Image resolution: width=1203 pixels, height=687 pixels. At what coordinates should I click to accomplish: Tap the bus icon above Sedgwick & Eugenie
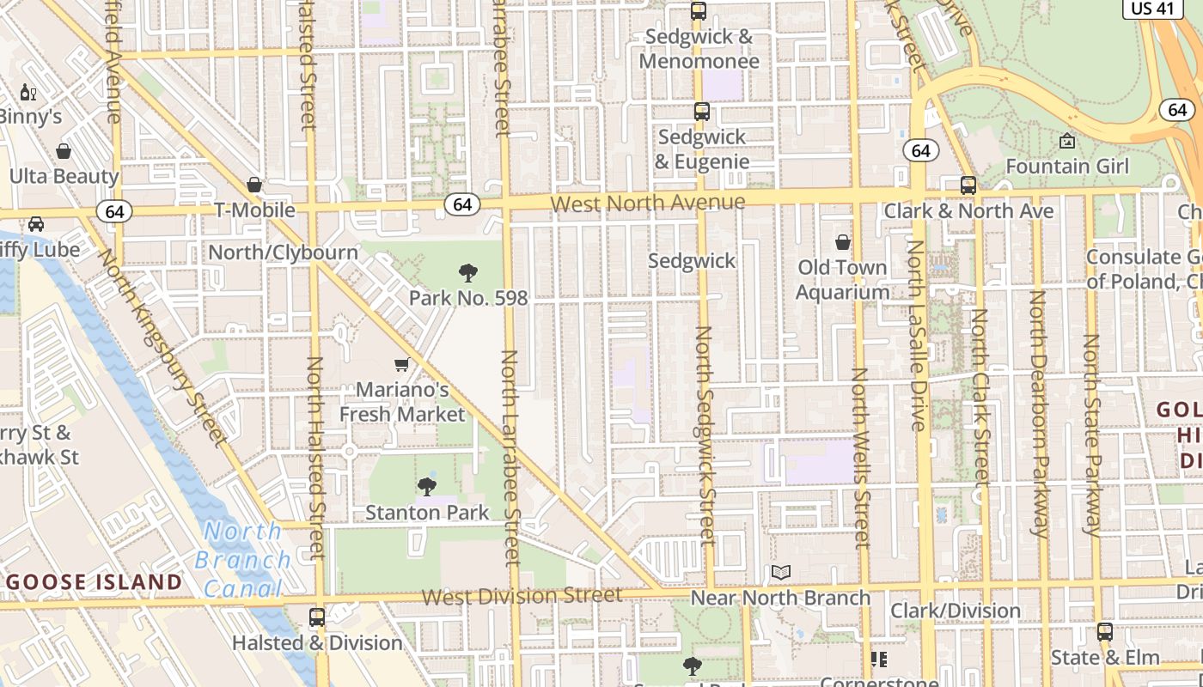tap(702, 112)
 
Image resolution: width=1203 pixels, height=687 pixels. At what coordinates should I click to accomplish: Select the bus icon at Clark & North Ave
tap(968, 185)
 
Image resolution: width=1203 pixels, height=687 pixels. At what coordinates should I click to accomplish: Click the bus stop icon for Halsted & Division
tap(317, 617)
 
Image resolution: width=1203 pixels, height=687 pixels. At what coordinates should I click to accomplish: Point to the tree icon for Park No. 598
tap(468, 274)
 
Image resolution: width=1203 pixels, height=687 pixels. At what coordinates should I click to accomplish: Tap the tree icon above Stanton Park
tap(427, 488)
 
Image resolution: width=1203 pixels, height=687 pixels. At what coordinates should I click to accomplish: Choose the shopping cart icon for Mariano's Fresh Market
tap(401, 365)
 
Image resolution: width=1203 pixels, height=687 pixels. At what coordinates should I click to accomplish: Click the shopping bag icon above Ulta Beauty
tap(64, 152)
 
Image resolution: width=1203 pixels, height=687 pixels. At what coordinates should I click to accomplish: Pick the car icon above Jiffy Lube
tap(36, 224)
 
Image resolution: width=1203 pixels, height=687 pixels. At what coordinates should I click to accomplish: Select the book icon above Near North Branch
tap(780, 573)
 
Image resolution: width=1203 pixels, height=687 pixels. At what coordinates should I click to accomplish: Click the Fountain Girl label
tap(1067, 166)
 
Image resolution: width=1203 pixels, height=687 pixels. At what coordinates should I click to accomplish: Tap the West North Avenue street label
tap(648, 203)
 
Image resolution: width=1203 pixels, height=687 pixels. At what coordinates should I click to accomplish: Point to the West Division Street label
tap(522, 595)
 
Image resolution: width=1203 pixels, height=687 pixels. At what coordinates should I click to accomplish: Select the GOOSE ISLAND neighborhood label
tap(94, 582)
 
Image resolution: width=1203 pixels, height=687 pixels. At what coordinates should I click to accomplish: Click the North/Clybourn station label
tap(284, 252)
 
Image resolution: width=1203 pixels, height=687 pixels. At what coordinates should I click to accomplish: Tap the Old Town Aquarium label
tap(842, 279)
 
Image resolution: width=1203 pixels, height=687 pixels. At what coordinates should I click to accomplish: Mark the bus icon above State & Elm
tap(1105, 633)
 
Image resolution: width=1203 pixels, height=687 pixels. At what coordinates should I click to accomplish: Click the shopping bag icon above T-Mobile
tap(254, 185)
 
